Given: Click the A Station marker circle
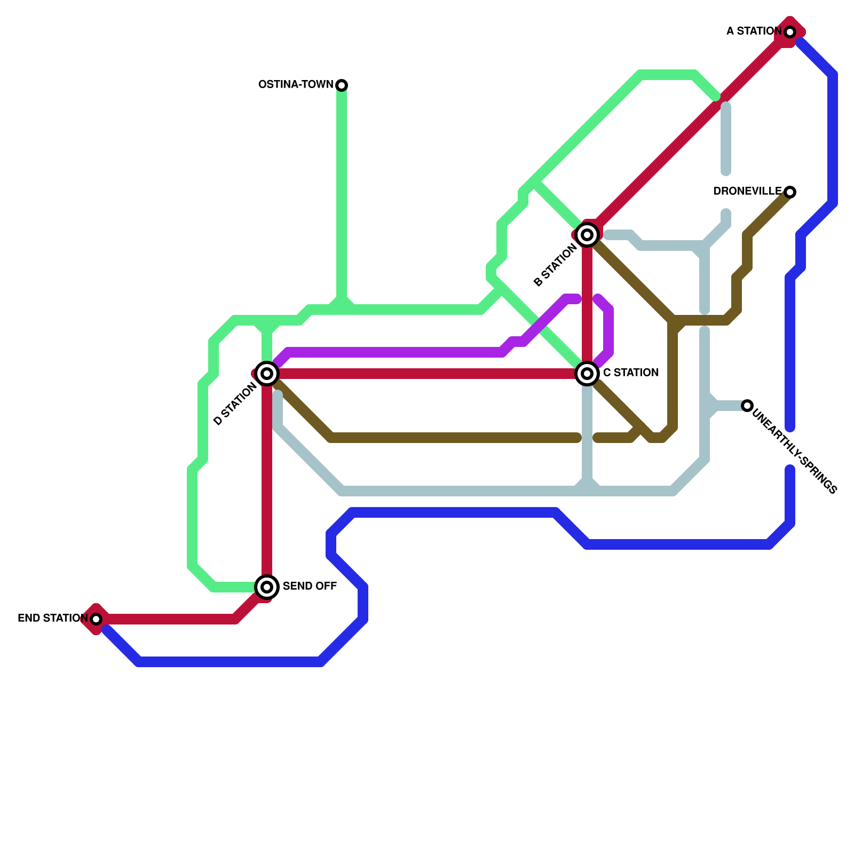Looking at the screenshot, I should (790, 32).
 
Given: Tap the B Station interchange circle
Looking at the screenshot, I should (587, 235).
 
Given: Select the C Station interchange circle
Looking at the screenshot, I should (587, 374).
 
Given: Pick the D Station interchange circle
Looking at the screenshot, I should (267, 374).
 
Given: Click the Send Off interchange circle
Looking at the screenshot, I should (267, 587).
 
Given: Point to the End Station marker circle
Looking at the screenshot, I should (96, 619).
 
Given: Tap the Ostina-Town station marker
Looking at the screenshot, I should (342, 85).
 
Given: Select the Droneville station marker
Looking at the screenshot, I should (790, 192).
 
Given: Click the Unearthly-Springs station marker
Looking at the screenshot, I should (747, 406).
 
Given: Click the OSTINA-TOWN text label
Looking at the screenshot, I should (295, 85).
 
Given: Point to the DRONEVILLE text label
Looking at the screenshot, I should (747, 192).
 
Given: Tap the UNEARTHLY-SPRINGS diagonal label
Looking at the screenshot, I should (795, 451).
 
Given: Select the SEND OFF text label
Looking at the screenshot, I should (310, 587).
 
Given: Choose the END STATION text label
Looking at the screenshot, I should (52, 619).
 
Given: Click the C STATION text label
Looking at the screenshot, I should (630, 373).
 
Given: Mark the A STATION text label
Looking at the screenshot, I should (754, 31).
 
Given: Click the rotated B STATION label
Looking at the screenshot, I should (556, 265).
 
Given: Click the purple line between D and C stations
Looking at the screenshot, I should (395, 353).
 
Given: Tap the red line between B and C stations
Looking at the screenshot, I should (587, 304).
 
